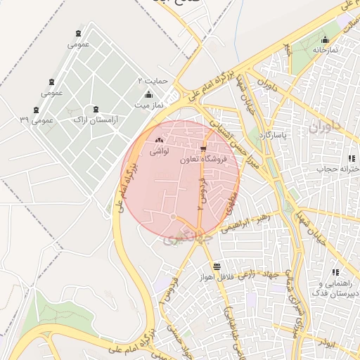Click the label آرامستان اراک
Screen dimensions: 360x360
(x=96, y=120)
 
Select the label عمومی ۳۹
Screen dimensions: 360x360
(x=37, y=120)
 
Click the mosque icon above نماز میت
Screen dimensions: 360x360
(x=148, y=94)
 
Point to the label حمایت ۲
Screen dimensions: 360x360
(x=153, y=81)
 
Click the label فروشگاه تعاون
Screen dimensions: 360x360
(x=204, y=160)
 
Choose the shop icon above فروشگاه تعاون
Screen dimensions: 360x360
(x=204, y=149)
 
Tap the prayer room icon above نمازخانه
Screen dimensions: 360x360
(x=325, y=40)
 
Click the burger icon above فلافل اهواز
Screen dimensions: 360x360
(x=216, y=266)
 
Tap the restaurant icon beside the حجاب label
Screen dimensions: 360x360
(x=352, y=159)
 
